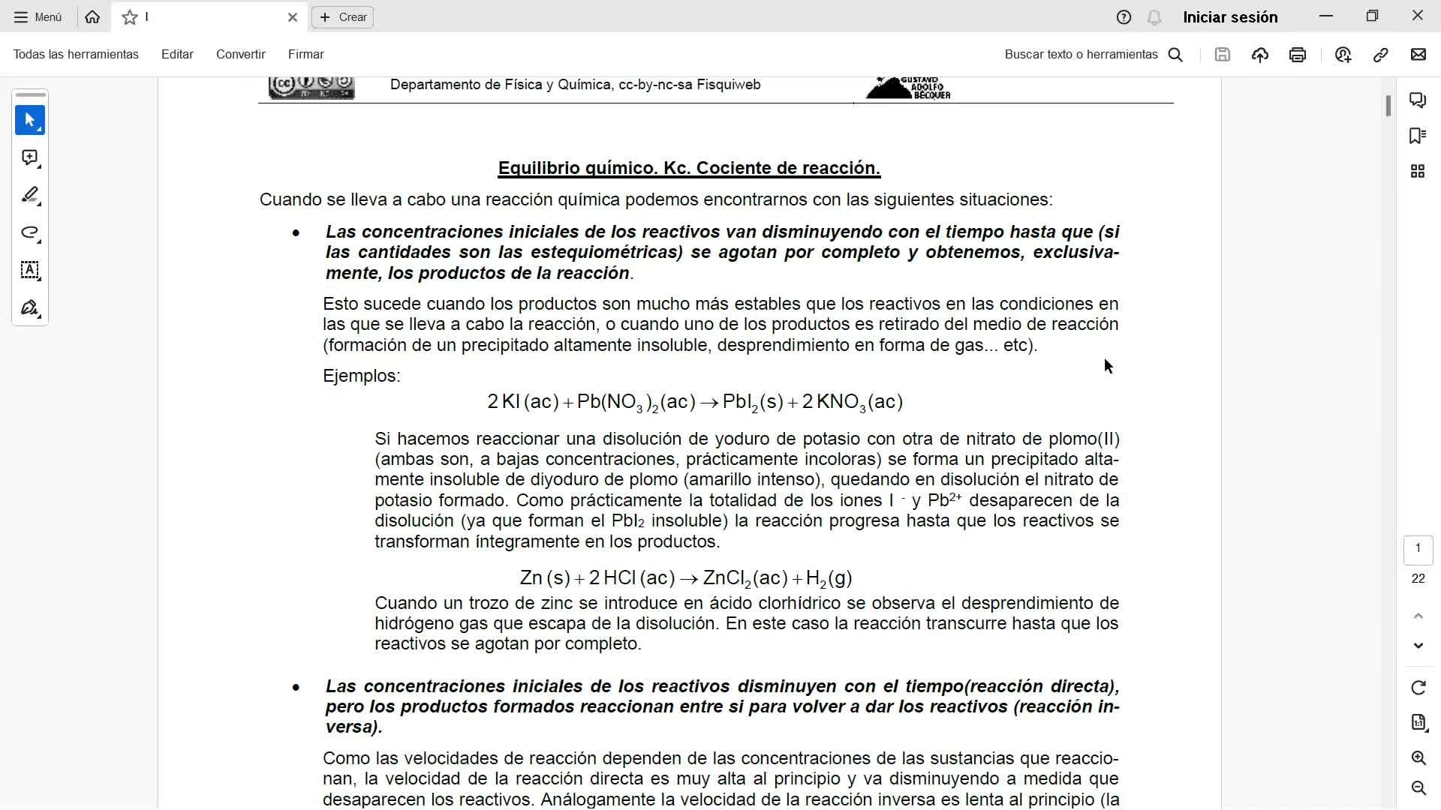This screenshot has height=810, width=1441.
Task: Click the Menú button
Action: (x=38, y=17)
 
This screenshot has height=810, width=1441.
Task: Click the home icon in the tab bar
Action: (x=92, y=17)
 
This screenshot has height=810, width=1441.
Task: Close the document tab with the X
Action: (x=293, y=17)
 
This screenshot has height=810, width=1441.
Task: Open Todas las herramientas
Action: (x=76, y=54)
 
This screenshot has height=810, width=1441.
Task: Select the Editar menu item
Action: (x=177, y=54)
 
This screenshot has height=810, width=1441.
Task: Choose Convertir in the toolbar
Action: (x=240, y=54)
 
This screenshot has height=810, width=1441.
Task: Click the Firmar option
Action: (x=305, y=54)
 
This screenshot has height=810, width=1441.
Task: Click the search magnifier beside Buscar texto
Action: (x=1176, y=55)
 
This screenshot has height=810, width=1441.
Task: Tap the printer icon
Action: (x=1297, y=55)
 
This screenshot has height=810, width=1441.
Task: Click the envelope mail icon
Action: (x=1418, y=55)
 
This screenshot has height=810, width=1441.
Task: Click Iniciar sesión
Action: (x=1230, y=17)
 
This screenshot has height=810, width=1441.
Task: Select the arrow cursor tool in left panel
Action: (x=30, y=120)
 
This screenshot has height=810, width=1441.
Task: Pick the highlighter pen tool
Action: (x=30, y=195)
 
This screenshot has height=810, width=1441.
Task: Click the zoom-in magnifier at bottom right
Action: (x=1418, y=757)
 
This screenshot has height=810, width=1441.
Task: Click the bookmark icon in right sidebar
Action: (x=1417, y=136)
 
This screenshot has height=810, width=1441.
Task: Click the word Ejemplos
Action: (x=361, y=376)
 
